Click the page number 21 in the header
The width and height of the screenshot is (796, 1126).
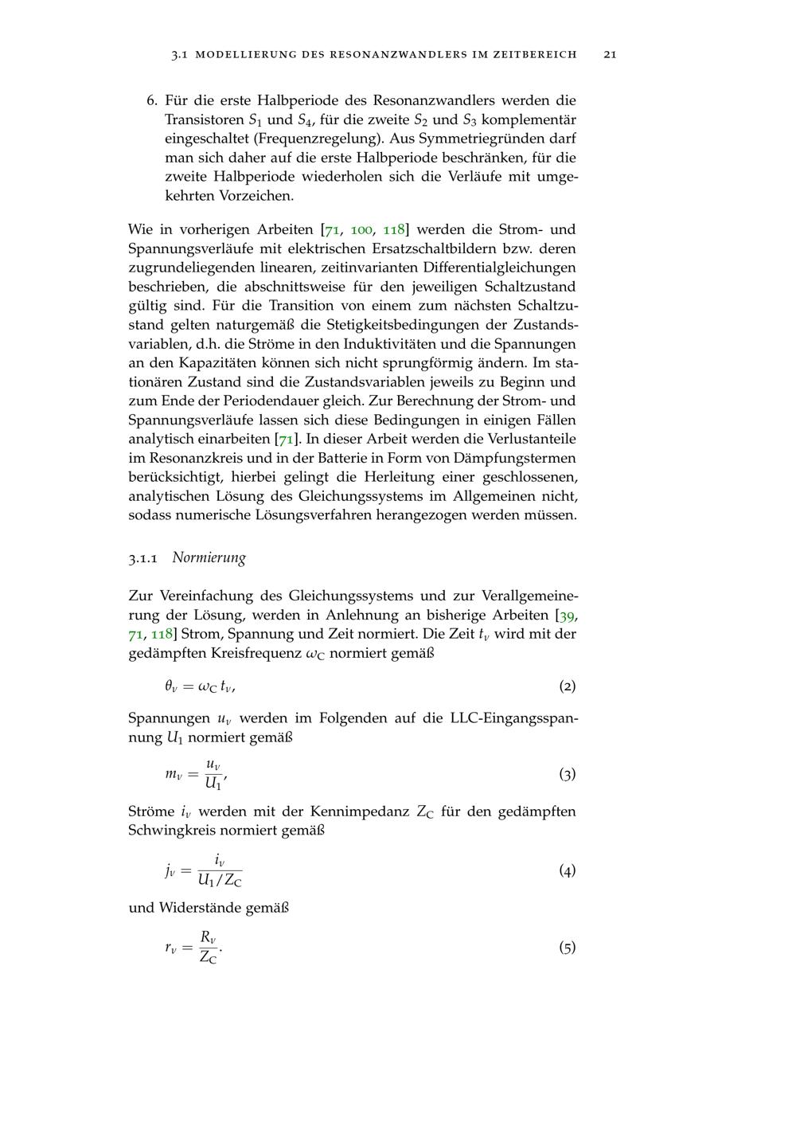point(611,54)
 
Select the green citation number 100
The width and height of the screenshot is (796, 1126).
point(361,230)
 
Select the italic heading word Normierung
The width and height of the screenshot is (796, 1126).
point(209,557)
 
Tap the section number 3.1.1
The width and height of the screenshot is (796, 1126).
point(145,558)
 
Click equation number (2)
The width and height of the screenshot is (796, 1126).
point(567,686)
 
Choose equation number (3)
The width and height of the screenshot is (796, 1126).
point(567,774)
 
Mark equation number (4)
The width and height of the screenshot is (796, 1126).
point(567,870)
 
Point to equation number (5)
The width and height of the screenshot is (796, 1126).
point(567,948)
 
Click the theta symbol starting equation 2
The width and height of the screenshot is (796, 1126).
point(170,686)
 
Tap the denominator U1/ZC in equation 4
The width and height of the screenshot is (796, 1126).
point(220,881)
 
